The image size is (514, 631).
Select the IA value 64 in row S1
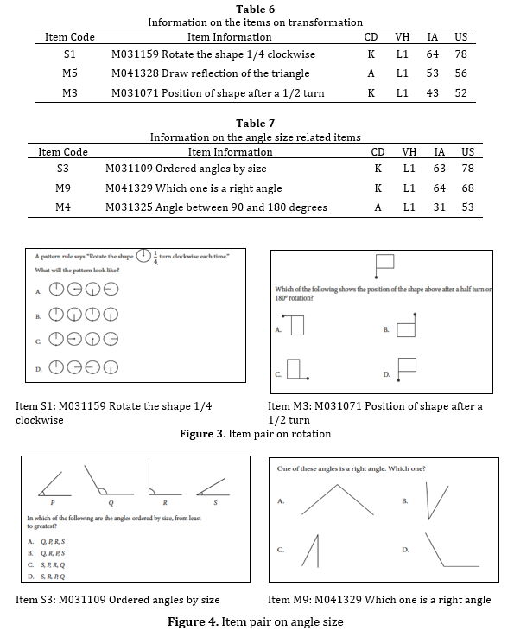point(433,54)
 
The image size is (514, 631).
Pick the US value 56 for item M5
point(460,73)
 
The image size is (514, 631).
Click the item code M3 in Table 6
point(70,92)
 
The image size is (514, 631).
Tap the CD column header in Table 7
point(377,152)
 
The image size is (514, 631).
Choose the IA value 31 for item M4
point(439,207)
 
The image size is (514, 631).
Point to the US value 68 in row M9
point(467,188)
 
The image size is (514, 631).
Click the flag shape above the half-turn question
point(384,264)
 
